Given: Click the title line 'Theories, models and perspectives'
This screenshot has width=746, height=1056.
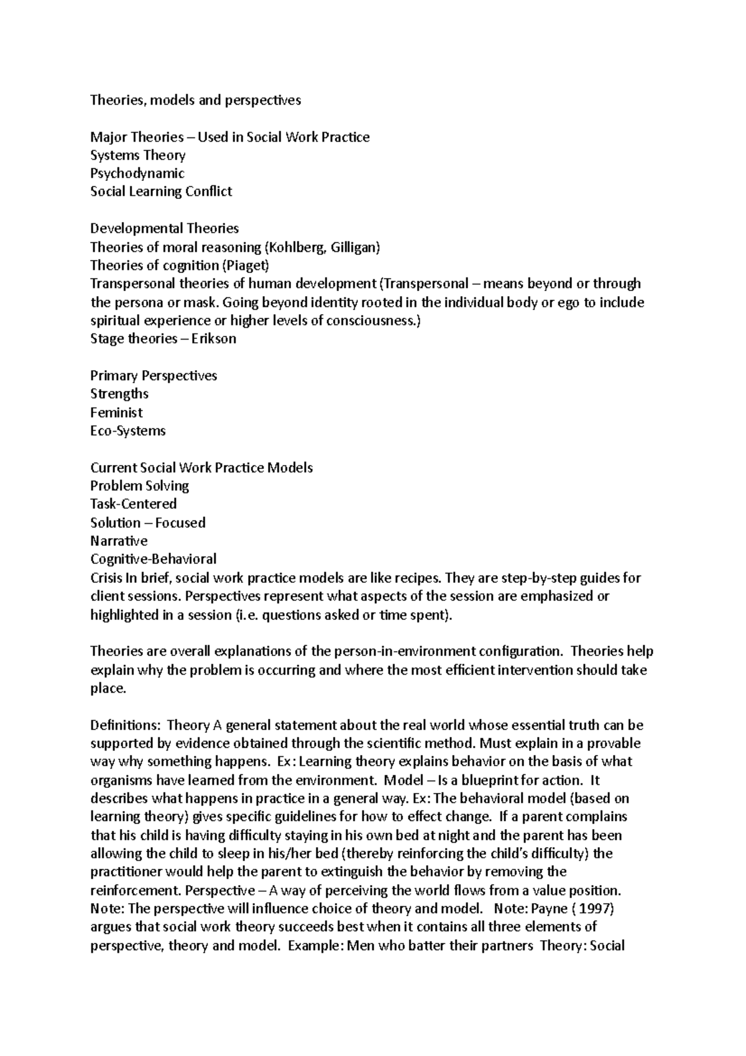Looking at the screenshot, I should [x=195, y=100].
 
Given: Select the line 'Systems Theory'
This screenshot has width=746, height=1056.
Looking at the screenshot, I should [x=137, y=155].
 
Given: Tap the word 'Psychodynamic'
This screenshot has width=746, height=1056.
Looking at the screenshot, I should [x=137, y=174].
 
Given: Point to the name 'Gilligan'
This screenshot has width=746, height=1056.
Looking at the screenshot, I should [x=352, y=247].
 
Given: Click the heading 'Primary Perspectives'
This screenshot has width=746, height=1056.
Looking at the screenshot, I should [x=154, y=376].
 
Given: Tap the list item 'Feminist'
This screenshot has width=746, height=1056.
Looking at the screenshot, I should [x=116, y=412].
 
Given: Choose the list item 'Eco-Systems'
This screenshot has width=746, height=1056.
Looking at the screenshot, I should [x=127, y=431].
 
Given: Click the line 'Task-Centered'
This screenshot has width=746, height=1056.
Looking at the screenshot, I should [x=133, y=504].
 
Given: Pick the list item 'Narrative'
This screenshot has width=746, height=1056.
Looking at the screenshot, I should [x=119, y=541].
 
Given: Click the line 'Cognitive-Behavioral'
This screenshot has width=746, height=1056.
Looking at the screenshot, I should [x=153, y=559].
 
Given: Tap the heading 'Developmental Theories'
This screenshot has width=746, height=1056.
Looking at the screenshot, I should [x=164, y=228].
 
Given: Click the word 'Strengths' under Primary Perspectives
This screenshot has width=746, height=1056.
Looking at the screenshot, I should [x=119, y=394].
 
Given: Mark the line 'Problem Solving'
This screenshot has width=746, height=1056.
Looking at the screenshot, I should [x=139, y=486].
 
